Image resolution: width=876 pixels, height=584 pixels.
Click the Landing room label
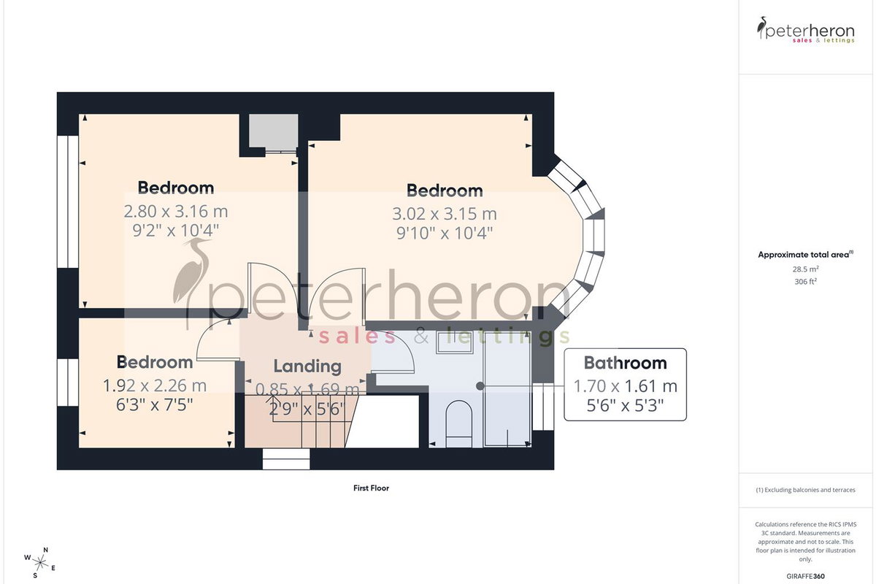[x=307, y=366]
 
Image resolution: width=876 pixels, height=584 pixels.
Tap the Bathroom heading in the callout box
[x=625, y=363]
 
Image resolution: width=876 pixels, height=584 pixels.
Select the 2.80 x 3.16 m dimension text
[x=176, y=212]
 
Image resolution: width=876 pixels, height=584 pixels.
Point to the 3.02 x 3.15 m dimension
[x=445, y=214]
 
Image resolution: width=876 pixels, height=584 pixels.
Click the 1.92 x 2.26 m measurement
[x=155, y=385]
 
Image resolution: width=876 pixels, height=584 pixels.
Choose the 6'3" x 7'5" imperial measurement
[x=155, y=405]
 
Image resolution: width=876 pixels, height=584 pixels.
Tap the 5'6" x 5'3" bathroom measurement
[x=625, y=406]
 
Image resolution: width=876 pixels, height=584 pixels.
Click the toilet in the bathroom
[x=459, y=423]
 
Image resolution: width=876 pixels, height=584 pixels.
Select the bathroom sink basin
[x=455, y=342]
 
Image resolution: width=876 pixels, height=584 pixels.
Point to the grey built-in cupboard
[x=273, y=131]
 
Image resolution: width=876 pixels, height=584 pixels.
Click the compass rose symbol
[x=39, y=564]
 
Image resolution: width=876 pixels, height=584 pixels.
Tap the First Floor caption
[x=371, y=488]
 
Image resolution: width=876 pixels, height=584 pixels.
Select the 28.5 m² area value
[x=806, y=269]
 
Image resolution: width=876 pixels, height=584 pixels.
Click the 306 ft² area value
[x=806, y=281]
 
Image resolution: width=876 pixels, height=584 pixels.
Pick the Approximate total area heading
[x=806, y=255]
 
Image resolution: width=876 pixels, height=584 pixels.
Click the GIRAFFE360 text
[x=806, y=576]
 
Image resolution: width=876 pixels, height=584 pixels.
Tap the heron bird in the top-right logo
[x=761, y=28]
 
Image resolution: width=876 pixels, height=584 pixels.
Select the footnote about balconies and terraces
[x=806, y=490]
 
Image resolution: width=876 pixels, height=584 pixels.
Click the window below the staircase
[x=286, y=459]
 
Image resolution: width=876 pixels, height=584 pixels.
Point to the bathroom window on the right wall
[x=543, y=407]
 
